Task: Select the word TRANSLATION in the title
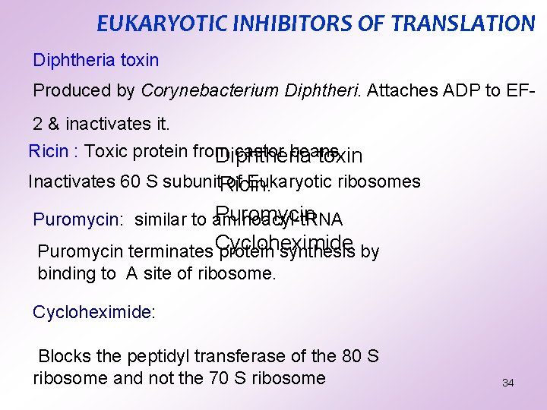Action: pos(463,24)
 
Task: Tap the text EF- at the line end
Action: pos(521,90)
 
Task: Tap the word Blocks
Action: pos(65,356)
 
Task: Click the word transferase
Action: pos(247,356)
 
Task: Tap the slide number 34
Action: pos(508,383)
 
